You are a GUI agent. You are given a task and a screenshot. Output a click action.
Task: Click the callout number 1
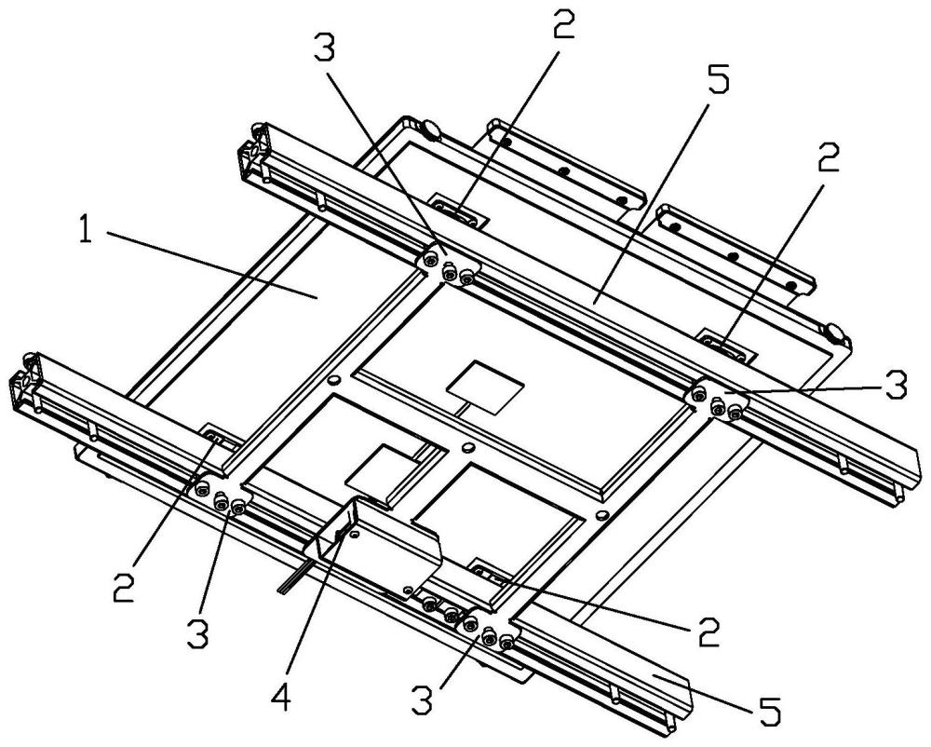[86, 230]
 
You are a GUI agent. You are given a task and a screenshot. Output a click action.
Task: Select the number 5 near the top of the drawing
[717, 75]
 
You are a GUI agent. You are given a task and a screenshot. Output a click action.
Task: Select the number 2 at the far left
[124, 587]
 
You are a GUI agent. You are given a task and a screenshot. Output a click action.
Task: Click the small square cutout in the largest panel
[486, 386]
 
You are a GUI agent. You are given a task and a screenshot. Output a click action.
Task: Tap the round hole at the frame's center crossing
[468, 446]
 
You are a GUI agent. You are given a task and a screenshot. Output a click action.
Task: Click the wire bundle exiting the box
[295, 576]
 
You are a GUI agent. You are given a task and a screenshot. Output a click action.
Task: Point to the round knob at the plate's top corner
[430, 129]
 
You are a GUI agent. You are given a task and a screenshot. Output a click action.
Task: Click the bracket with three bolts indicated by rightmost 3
[717, 399]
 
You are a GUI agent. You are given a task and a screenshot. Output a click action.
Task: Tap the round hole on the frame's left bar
[333, 379]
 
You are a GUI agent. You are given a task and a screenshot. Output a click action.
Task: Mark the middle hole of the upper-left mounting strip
[564, 171]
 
